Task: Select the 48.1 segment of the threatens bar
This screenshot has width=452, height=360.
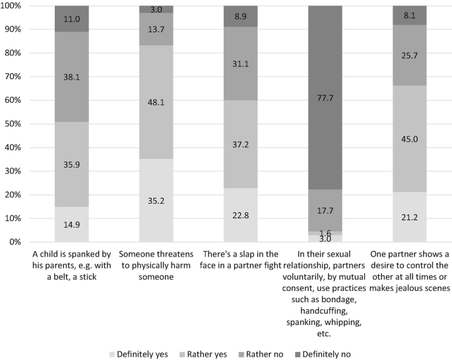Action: point(156,102)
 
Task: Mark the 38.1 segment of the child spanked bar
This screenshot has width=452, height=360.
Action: point(72,77)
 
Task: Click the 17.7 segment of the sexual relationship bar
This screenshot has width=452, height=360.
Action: point(325,210)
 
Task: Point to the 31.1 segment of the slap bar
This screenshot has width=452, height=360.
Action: point(241,63)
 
